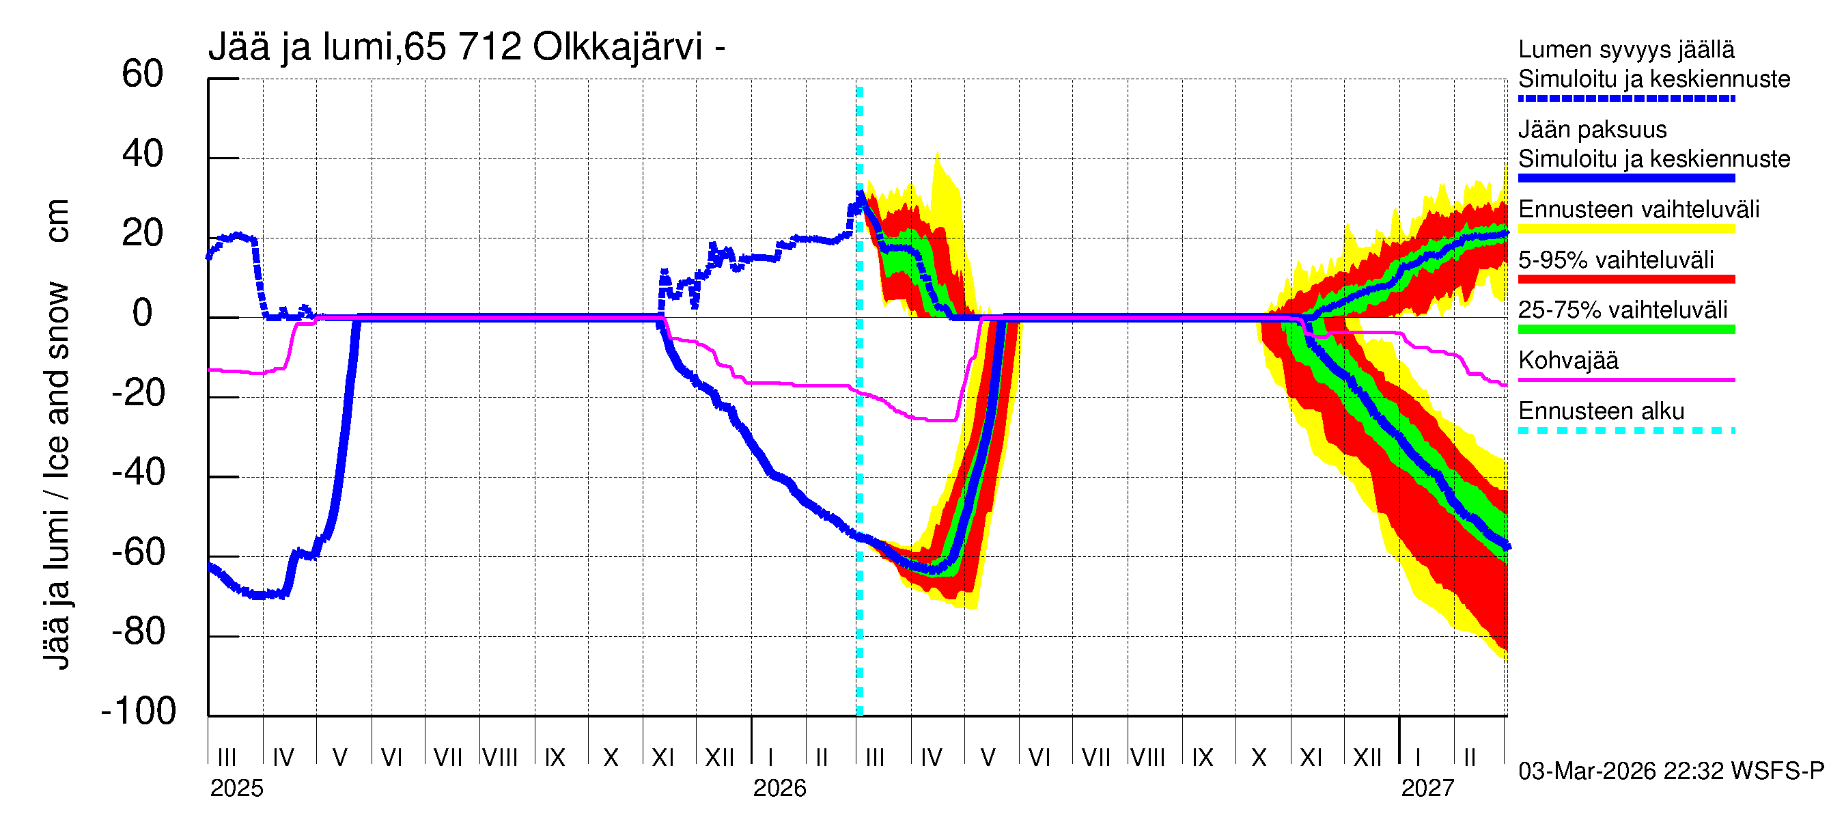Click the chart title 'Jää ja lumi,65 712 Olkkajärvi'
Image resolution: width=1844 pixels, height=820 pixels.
pos(466,47)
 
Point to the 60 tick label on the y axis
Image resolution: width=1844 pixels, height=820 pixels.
pos(143,74)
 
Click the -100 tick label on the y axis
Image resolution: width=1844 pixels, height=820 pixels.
pos(138,711)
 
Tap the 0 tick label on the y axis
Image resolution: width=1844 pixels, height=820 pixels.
pos(143,313)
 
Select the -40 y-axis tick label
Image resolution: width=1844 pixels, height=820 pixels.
pos(138,473)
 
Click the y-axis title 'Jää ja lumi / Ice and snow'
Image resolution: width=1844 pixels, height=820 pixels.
pos(57,476)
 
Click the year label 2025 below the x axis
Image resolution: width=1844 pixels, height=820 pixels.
pos(236,789)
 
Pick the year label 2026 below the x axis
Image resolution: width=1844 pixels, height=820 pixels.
pos(779,789)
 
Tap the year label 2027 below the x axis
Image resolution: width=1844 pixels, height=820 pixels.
pos(1427,789)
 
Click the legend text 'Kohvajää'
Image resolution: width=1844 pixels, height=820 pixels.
pos(1567,360)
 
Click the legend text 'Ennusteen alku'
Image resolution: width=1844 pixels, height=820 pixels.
pos(1601,411)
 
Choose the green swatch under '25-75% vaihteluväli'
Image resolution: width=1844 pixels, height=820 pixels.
pos(1625,329)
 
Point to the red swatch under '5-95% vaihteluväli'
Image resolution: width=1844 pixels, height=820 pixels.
pos(1625,279)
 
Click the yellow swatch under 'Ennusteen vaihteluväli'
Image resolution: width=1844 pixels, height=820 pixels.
pos(1625,229)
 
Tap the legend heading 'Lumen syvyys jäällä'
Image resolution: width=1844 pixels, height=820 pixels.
pos(1625,49)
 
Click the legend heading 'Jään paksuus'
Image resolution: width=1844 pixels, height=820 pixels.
pos(1592,130)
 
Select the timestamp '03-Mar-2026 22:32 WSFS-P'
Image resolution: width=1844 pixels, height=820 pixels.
pos(1671,771)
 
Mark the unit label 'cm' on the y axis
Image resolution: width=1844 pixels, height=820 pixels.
pos(57,221)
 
